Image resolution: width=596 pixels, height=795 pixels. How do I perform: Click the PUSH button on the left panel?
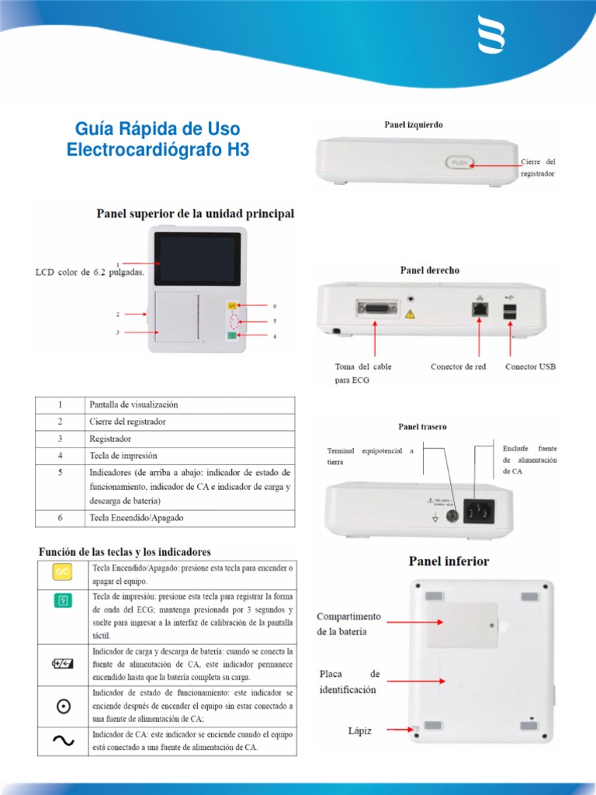point(459,162)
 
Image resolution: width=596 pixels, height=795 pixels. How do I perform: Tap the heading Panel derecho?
point(429,270)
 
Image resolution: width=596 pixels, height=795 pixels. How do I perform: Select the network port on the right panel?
point(479,309)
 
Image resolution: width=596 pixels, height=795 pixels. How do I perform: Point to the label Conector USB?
point(530,366)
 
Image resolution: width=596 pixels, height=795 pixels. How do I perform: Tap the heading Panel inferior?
point(449,561)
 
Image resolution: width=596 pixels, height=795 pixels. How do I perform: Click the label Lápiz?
point(359,731)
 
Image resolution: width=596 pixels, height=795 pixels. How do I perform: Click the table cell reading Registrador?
point(110,439)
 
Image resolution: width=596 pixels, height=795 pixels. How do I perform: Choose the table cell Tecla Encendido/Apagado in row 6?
point(136,518)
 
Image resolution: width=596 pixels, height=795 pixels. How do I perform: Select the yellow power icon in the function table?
point(63,573)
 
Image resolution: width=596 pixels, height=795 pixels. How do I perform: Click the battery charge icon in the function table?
point(63,662)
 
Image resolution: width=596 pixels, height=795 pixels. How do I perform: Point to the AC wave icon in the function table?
point(63,741)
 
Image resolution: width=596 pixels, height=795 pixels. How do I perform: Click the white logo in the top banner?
point(492,36)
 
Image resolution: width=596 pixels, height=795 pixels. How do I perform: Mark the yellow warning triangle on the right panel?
point(411,315)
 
